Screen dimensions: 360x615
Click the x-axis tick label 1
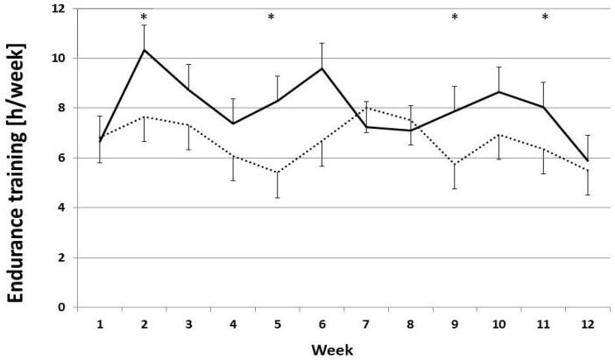pos(100,324)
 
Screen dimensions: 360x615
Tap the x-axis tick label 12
pos(587,324)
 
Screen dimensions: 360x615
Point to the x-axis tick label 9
pos(454,324)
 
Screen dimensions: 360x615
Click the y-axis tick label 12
pos(59,9)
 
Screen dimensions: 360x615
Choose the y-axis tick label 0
pos(62,307)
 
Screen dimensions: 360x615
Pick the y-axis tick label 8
pos(62,108)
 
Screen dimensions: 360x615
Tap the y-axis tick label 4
pos(62,208)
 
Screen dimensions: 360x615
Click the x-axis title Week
pos(336,349)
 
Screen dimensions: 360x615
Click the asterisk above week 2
pos(144,18)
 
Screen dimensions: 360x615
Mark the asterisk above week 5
pos(271,18)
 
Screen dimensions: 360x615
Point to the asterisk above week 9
pos(454,18)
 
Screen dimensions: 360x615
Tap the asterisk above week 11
pos(544,18)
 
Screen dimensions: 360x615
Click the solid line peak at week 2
pos(144,50)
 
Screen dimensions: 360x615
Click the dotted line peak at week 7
pos(365,108)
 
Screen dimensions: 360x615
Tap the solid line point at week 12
pos(587,161)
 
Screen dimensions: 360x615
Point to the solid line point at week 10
pos(498,92)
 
